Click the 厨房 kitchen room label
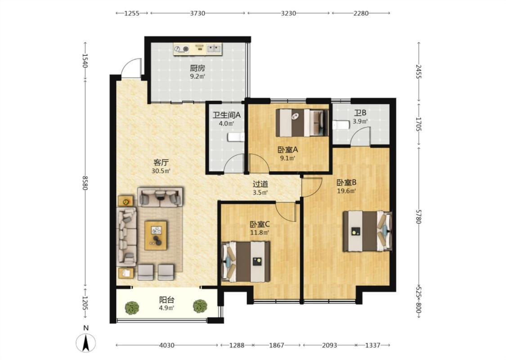[x=197, y=68]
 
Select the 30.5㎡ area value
[x=161, y=171]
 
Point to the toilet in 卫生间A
[x=236, y=137]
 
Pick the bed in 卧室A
[x=302, y=123]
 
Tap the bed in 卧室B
[x=367, y=231]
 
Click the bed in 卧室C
[x=246, y=261]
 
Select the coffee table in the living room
[x=156, y=235]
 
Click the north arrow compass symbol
[x=86, y=342]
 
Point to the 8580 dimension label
[x=85, y=183]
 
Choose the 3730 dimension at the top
[x=197, y=13]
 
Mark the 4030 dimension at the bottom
[x=167, y=345]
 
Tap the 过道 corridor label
[x=260, y=184]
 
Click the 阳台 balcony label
[x=167, y=300]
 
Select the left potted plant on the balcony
[x=132, y=307]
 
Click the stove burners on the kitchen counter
[x=181, y=49]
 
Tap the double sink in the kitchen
[x=214, y=49]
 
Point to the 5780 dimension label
[x=419, y=216]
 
